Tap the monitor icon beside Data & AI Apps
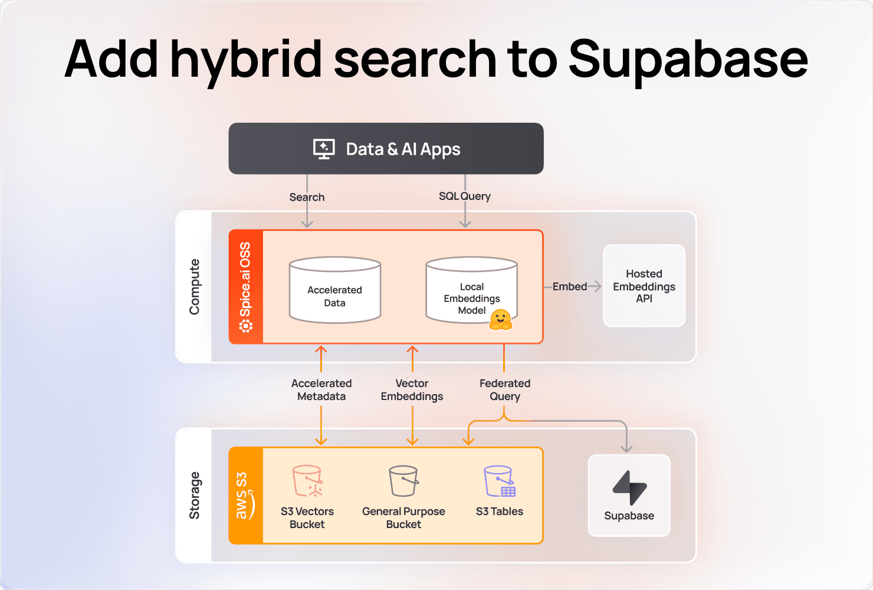click(324, 149)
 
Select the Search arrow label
click(307, 197)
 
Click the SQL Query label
click(464, 196)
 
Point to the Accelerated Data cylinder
click(334, 290)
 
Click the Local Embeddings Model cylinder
click(471, 290)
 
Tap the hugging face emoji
click(501, 319)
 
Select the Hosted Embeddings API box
click(644, 286)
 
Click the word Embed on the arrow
click(569, 287)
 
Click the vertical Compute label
click(194, 287)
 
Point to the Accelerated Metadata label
click(321, 390)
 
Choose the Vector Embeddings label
click(412, 390)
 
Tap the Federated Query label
click(505, 390)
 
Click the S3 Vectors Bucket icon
click(307, 481)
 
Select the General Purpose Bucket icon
click(403, 481)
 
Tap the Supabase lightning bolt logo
click(629, 487)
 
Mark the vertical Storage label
click(194, 496)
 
